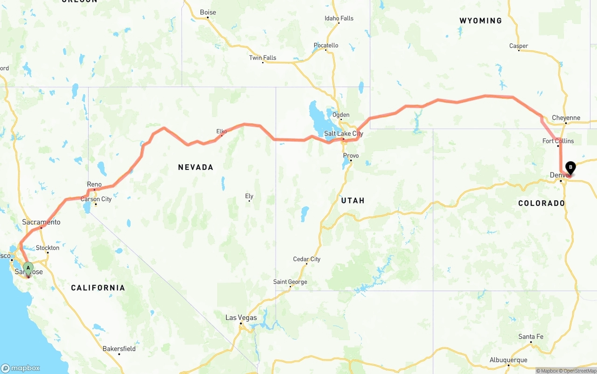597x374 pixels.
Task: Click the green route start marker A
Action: point(28,268)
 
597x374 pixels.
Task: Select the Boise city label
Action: point(208,12)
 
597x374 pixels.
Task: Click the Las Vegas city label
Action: point(241,318)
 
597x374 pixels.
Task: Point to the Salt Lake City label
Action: point(343,134)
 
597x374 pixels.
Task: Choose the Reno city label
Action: point(94,184)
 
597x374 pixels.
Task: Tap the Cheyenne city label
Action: point(566,118)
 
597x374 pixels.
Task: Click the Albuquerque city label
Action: point(508,360)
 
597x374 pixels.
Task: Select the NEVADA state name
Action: point(195,167)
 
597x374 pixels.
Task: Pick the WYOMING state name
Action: point(480,20)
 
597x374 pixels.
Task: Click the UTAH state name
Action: point(353,200)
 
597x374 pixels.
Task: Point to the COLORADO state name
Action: point(541,203)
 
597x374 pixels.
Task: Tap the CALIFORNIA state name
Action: point(98,288)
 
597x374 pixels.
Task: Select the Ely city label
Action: point(249,196)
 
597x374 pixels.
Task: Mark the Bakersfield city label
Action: point(119,348)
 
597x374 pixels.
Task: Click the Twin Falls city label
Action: point(263,58)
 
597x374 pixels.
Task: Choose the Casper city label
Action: point(519,46)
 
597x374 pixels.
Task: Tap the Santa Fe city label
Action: point(531,337)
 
